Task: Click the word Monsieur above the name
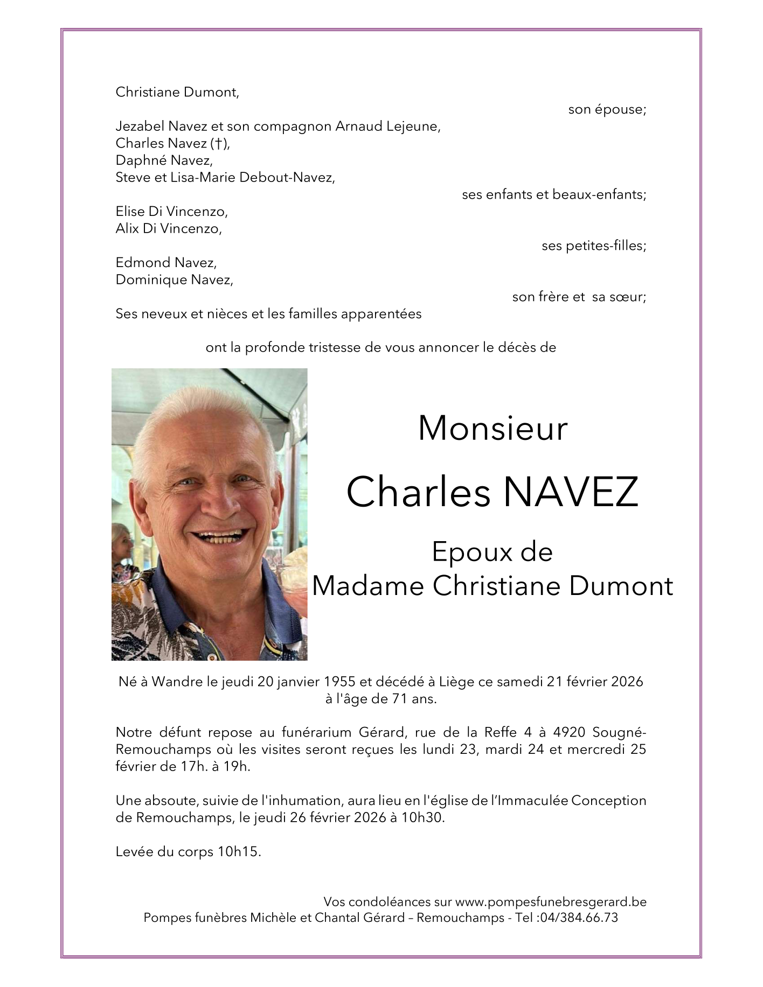[x=493, y=429]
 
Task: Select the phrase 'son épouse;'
[x=607, y=110]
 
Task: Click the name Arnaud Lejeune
[x=388, y=127]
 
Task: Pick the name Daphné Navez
[x=164, y=160]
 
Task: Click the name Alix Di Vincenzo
[x=168, y=229]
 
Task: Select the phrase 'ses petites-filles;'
[x=593, y=246]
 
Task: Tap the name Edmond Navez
[x=166, y=263]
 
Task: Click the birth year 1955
[x=339, y=682]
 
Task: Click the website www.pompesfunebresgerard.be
[x=551, y=902]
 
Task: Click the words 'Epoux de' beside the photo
[x=492, y=552]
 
